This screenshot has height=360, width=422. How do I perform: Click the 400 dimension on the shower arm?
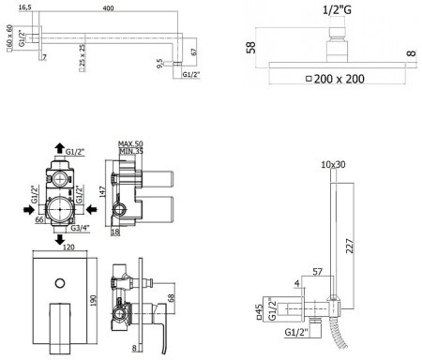coord(108,8)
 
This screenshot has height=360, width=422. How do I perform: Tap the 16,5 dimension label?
coord(25,7)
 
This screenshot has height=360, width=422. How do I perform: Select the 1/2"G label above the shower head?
coord(337,10)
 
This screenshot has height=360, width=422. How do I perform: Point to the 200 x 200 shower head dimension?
coord(335,79)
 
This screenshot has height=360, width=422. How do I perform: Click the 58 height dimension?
coord(251,47)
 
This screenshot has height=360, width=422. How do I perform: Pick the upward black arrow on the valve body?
coord(59,147)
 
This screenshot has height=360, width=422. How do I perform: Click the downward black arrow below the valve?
coord(60,240)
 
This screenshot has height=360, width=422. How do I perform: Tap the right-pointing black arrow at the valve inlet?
coord(29,210)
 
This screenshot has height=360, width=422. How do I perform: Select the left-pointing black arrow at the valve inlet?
coord(92,210)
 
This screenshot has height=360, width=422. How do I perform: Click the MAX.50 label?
coord(130,143)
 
